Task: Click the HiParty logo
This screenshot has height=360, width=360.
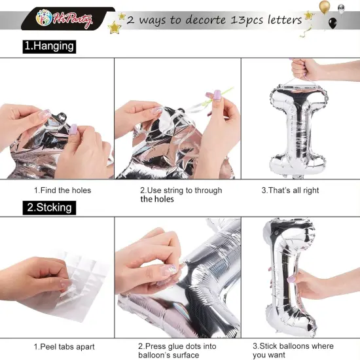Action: (64, 18)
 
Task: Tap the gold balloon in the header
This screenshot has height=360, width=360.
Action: (325, 7)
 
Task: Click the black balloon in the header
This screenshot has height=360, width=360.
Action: (333, 23)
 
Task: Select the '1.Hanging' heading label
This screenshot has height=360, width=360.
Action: (49, 46)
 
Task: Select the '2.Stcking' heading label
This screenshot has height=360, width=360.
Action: (49, 207)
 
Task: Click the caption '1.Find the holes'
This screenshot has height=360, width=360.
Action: (62, 190)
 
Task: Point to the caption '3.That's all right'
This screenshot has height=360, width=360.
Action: (290, 190)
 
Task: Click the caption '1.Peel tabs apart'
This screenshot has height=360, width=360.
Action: (64, 347)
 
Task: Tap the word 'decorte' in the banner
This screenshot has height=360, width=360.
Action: (206, 20)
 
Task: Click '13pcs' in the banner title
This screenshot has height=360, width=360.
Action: (247, 20)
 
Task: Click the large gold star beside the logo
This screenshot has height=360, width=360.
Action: (115, 27)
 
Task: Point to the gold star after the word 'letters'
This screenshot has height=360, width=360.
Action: (309, 16)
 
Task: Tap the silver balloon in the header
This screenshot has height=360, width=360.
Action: (342, 9)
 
